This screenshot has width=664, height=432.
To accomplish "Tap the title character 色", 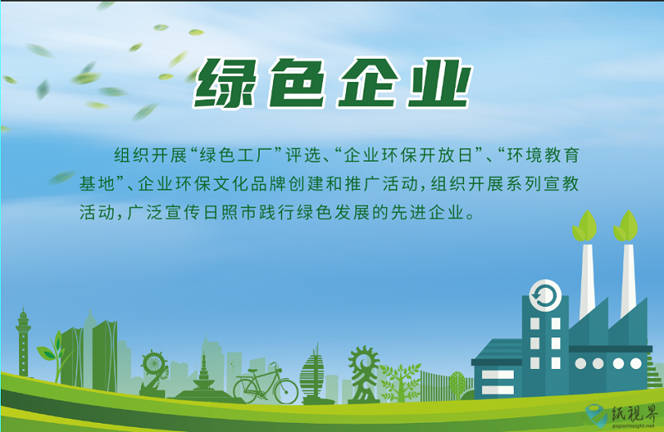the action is (x=297, y=83).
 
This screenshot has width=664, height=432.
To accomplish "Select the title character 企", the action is (x=369, y=83).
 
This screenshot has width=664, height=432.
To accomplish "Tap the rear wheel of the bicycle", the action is (x=247, y=390).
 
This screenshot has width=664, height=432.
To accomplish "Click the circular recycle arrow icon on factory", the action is (x=545, y=295).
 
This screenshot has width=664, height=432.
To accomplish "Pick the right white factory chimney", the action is (x=628, y=280).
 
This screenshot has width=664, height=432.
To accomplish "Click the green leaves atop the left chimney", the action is (x=585, y=227).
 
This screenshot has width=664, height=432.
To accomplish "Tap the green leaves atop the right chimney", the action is (x=626, y=227).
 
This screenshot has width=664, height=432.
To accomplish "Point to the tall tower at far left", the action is (x=23, y=342).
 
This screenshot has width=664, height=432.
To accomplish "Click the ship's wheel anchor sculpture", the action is (x=154, y=373).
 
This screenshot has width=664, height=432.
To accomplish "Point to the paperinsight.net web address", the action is (x=632, y=426).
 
